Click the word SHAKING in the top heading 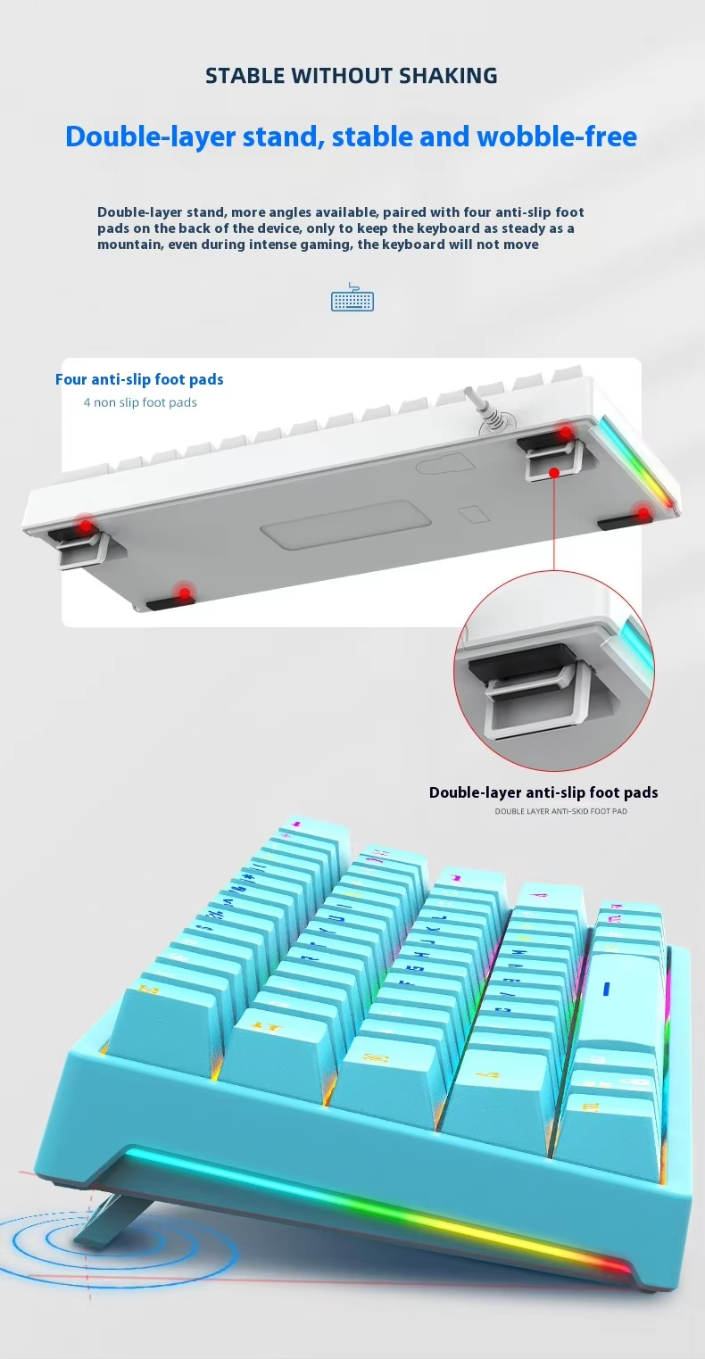pyautogui.click(x=448, y=76)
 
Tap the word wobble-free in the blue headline pyautogui.click(x=557, y=137)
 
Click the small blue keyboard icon pyautogui.click(x=352, y=297)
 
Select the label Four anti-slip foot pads pyautogui.click(x=139, y=380)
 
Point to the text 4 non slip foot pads pyautogui.click(x=140, y=402)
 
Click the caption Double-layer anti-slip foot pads pyautogui.click(x=543, y=792)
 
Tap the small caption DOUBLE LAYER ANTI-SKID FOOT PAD pyautogui.click(x=561, y=811)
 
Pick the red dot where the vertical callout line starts pyautogui.click(x=554, y=473)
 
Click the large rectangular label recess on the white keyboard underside pyautogui.click(x=346, y=522)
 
